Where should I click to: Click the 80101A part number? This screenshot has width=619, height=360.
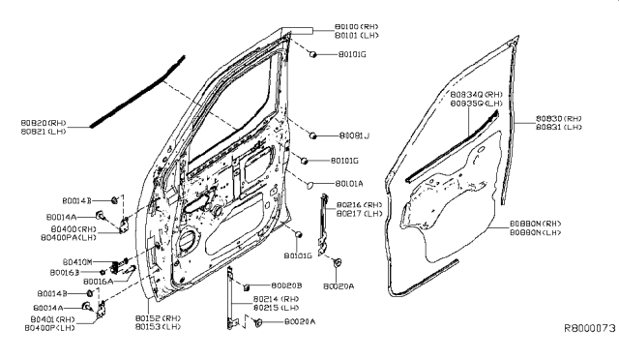point(353,182)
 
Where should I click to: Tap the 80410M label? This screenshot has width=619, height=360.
point(77,262)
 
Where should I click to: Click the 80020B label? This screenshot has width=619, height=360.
point(286,286)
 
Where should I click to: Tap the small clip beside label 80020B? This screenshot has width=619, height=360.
point(248,286)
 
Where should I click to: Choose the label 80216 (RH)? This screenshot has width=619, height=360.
point(361,205)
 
